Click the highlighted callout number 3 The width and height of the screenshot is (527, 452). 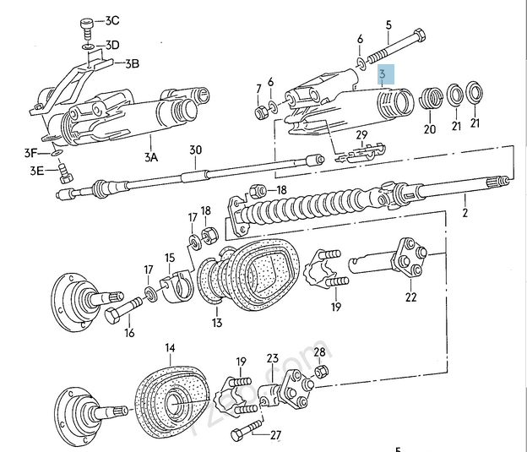coord(382,74)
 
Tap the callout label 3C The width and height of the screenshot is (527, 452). coord(112,20)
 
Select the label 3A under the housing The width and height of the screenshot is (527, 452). coord(151,157)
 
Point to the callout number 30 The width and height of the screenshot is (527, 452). coord(195,150)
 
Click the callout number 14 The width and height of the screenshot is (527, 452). coord(171,348)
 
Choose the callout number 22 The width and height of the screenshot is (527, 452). coord(410,297)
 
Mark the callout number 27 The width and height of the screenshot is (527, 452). coord(275,435)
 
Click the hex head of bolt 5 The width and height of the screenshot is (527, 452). coord(419,35)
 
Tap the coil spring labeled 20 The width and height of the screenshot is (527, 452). coord(431,98)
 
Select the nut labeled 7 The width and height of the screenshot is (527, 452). coord(261,112)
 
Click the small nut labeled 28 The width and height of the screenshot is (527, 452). coord(321,372)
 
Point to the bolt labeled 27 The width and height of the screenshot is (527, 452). coord(246,430)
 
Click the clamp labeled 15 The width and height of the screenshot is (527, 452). coord(177,286)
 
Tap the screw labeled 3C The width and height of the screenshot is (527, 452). coord(87,29)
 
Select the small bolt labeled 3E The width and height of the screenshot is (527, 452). coord(65,173)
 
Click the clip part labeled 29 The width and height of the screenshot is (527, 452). coord(361,154)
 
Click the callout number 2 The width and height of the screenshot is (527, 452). coord(465,213)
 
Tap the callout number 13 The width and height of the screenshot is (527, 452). coord(217,323)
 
